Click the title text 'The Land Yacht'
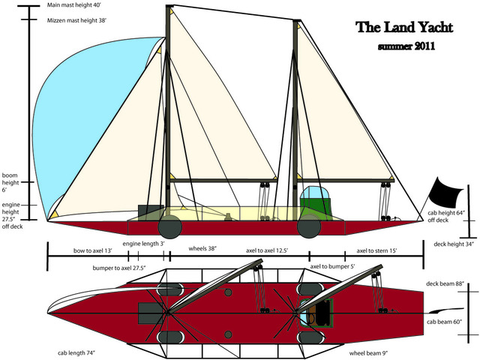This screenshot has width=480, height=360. pos(404,28)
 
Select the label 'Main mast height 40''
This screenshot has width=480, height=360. pos(73,5)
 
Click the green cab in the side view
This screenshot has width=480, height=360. pos(315,205)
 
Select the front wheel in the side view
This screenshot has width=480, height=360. pos(170,225)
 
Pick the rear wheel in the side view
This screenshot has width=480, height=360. pos(308,225)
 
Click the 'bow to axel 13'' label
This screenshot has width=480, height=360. pos(93,250)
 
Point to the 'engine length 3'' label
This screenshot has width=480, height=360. pos(143,244)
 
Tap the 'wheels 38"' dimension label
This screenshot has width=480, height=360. pos(202,249)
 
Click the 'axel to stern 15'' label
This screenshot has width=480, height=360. pos(376,250)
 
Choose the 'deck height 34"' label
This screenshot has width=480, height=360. pos(453,244)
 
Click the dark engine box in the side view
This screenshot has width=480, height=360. pos(150,212)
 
